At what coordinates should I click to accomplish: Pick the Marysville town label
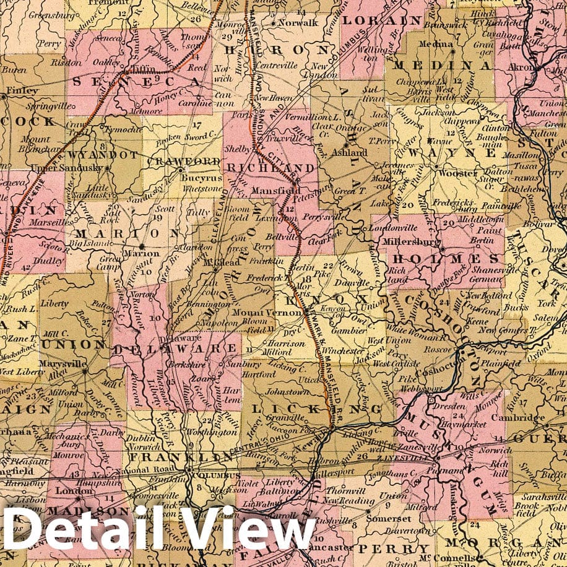tap(63, 364)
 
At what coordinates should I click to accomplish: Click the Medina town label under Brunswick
tap(431, 45)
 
